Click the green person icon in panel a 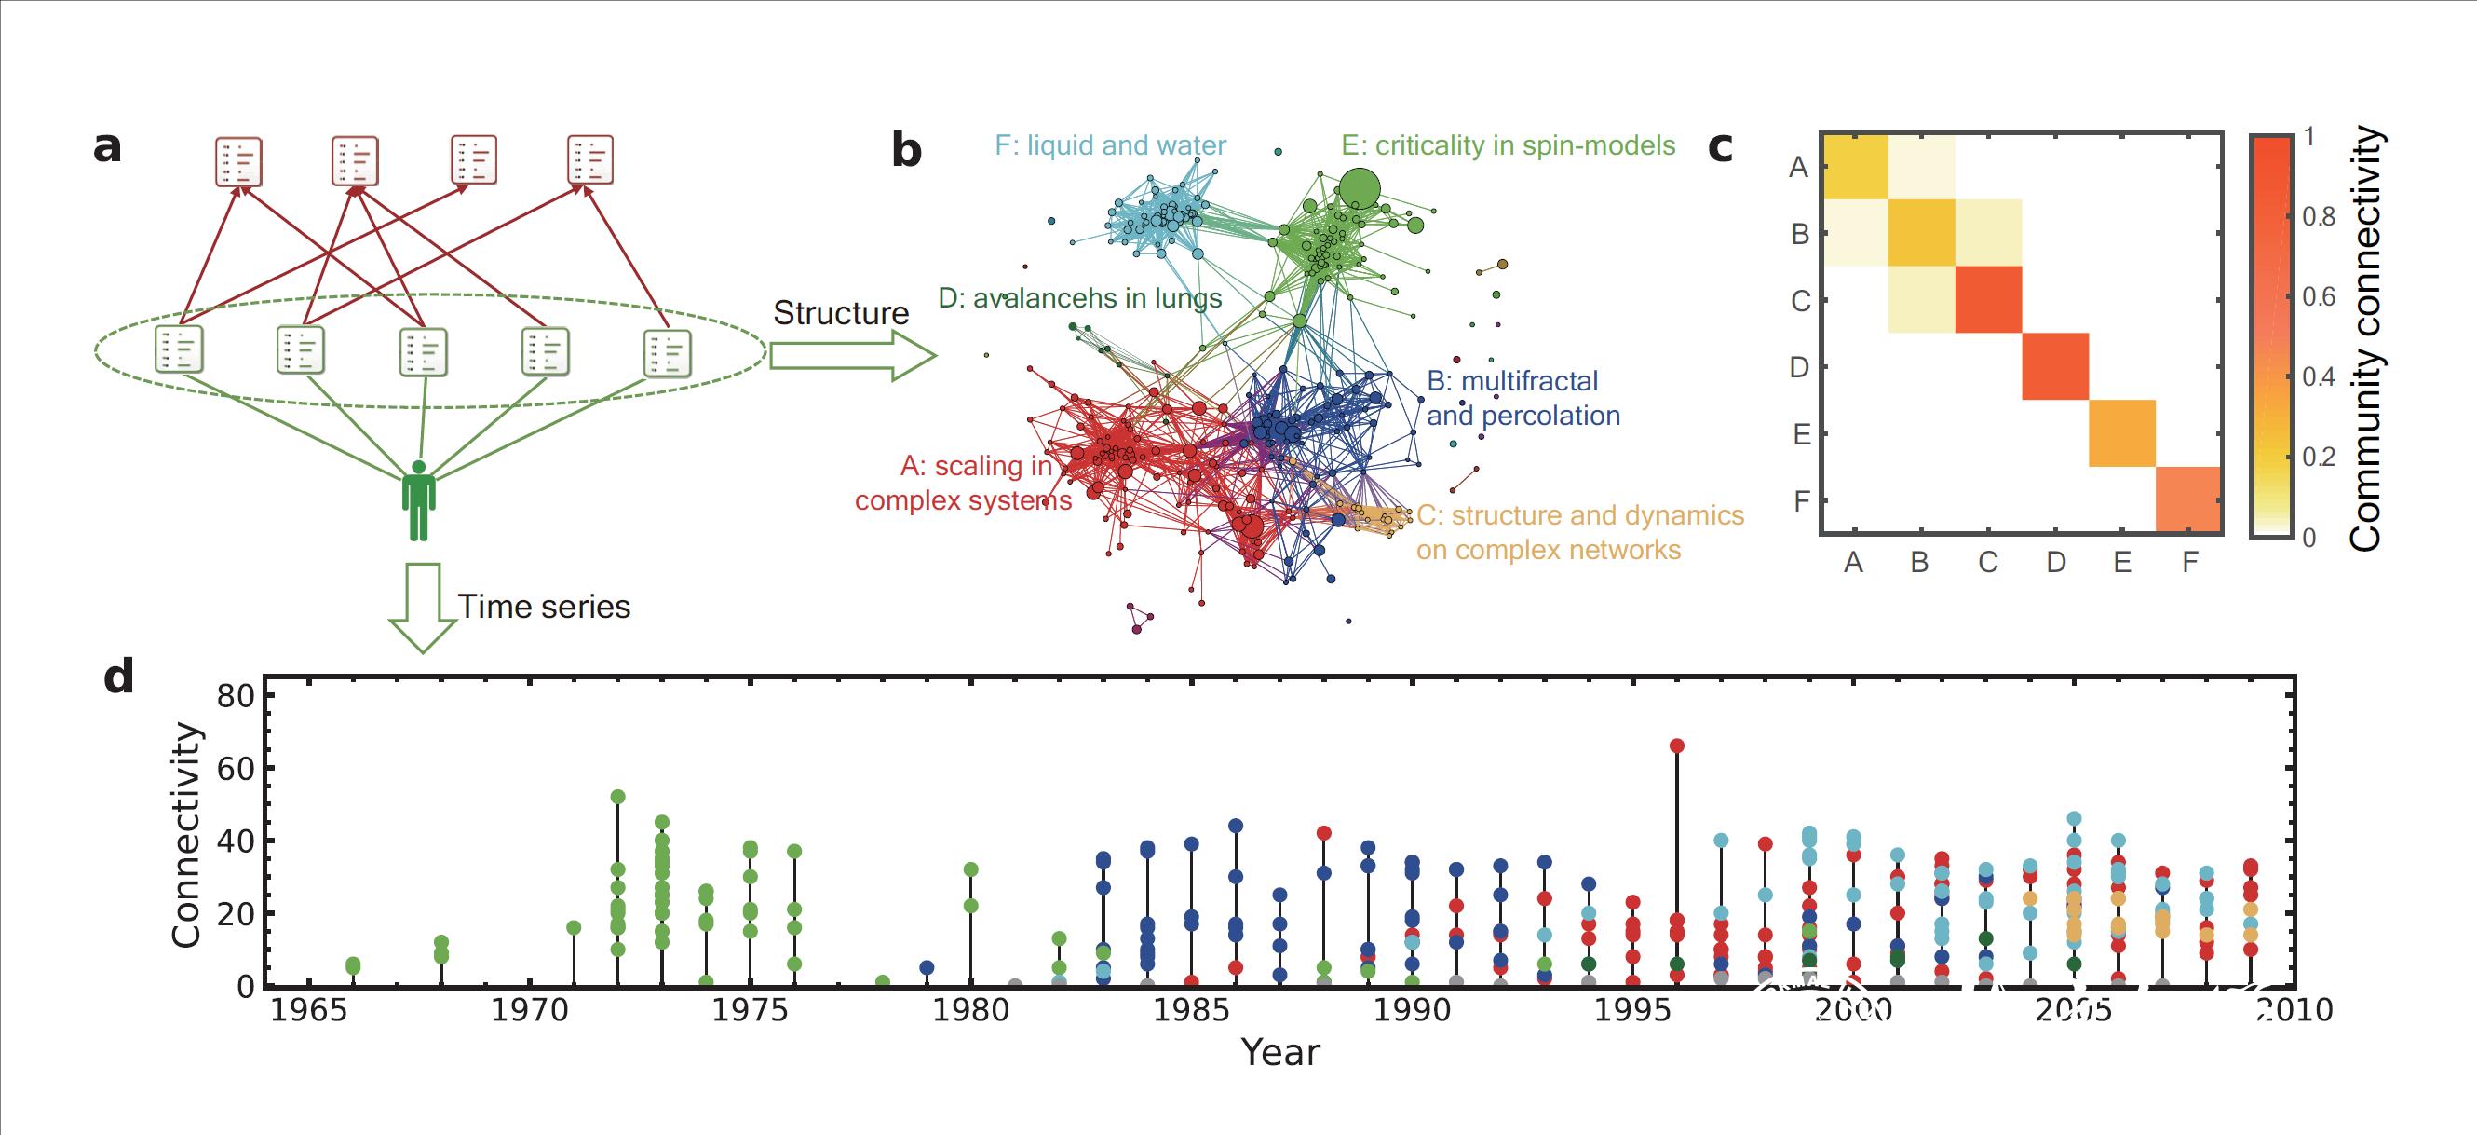[x=418, y=501]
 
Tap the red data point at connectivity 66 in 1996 [x=1677, y=745]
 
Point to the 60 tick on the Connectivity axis [x=235, y=769]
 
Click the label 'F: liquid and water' [x=1111, y=145]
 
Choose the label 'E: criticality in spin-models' [x=1508, y=145]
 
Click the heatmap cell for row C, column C [x=1988, y=300]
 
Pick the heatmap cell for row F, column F [x=2188, y=499]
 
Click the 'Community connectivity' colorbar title [x=2366, y=338]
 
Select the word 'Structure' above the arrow [x=840, y=313]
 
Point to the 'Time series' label [x=543, y=607]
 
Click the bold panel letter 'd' [x=117, y=678]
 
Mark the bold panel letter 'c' [x=1720, y=146]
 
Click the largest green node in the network [x=1359, y=188]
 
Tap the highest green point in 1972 [x=617, y=797]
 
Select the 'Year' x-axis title [x=1279, y=1052]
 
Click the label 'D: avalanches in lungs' [x=1080, y=298]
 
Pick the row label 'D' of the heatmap [x=1798, y=367]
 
